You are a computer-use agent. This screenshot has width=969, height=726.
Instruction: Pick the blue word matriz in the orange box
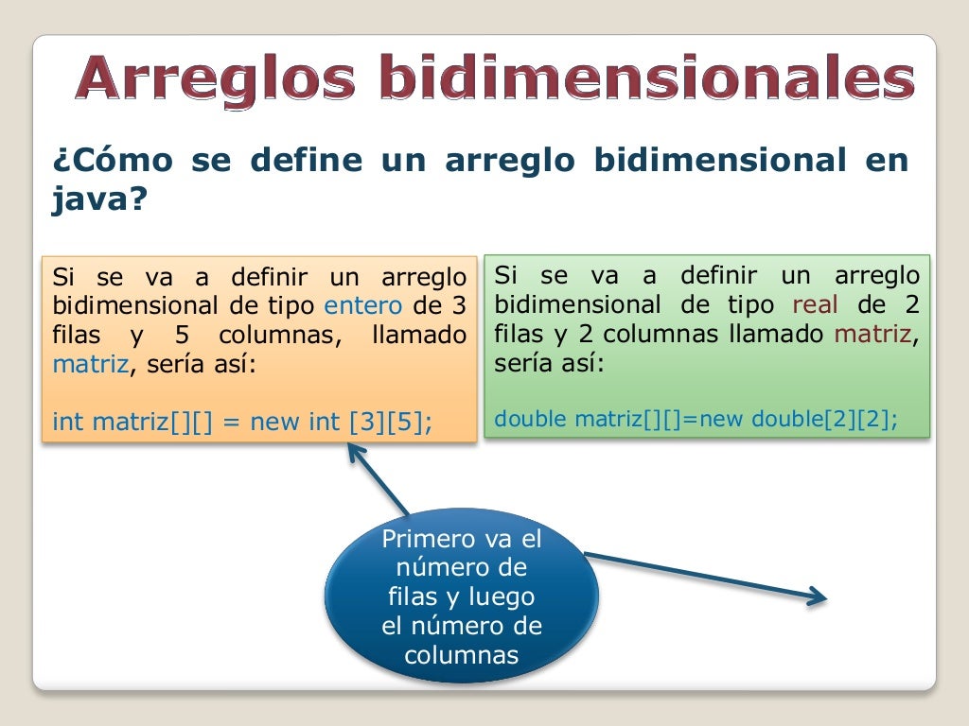90,364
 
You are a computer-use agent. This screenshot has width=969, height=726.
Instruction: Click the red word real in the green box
815,304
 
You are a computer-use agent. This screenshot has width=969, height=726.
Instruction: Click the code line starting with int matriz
242,422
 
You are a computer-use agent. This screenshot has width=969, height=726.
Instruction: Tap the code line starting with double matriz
696,419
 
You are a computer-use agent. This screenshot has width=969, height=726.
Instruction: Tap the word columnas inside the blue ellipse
461,655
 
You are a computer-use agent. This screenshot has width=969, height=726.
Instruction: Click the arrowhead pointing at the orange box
356,451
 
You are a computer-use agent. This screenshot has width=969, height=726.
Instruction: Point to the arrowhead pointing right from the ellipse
816,596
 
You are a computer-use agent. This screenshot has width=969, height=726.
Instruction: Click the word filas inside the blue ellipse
414,596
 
